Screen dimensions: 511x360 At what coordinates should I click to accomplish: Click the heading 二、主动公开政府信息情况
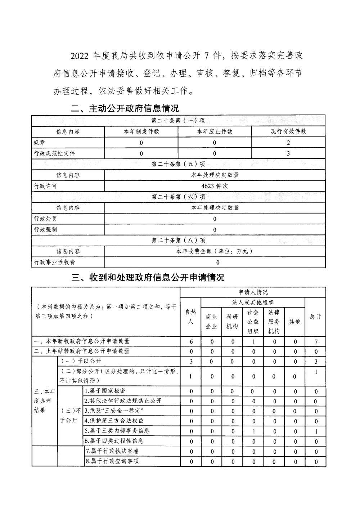pos(125,108)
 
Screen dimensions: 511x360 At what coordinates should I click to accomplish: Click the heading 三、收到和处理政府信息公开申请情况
pos(148,277)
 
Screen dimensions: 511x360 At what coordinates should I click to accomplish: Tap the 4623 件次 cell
pos(215,186)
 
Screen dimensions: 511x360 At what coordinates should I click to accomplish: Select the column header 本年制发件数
pos(141,131)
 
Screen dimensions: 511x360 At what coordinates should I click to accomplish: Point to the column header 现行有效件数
pos(288,131)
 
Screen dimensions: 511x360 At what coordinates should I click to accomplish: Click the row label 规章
pos(40,143)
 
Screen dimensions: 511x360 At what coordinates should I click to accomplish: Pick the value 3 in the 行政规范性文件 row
pos(288,153)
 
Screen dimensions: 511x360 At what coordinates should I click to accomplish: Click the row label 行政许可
pos(45,186)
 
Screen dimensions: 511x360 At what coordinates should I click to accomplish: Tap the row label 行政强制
pos(45,229)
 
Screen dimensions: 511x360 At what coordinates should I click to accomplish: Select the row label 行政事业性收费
pos(54,262)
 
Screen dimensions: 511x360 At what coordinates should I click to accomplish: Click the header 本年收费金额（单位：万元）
pos(215,251)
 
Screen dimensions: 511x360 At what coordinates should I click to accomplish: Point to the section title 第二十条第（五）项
pos(178,164)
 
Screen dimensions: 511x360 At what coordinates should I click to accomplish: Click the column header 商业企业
pos(211,322)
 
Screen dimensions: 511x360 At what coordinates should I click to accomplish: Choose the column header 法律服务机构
pos(274,322)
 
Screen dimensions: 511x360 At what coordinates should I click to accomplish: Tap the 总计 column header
pos(315,317)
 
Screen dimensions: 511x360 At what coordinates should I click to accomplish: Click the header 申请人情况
pos(253,292)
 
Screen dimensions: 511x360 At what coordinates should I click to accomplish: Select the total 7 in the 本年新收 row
pos(316,341)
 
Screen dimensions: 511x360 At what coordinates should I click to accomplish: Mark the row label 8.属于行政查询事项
pos(112,461)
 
